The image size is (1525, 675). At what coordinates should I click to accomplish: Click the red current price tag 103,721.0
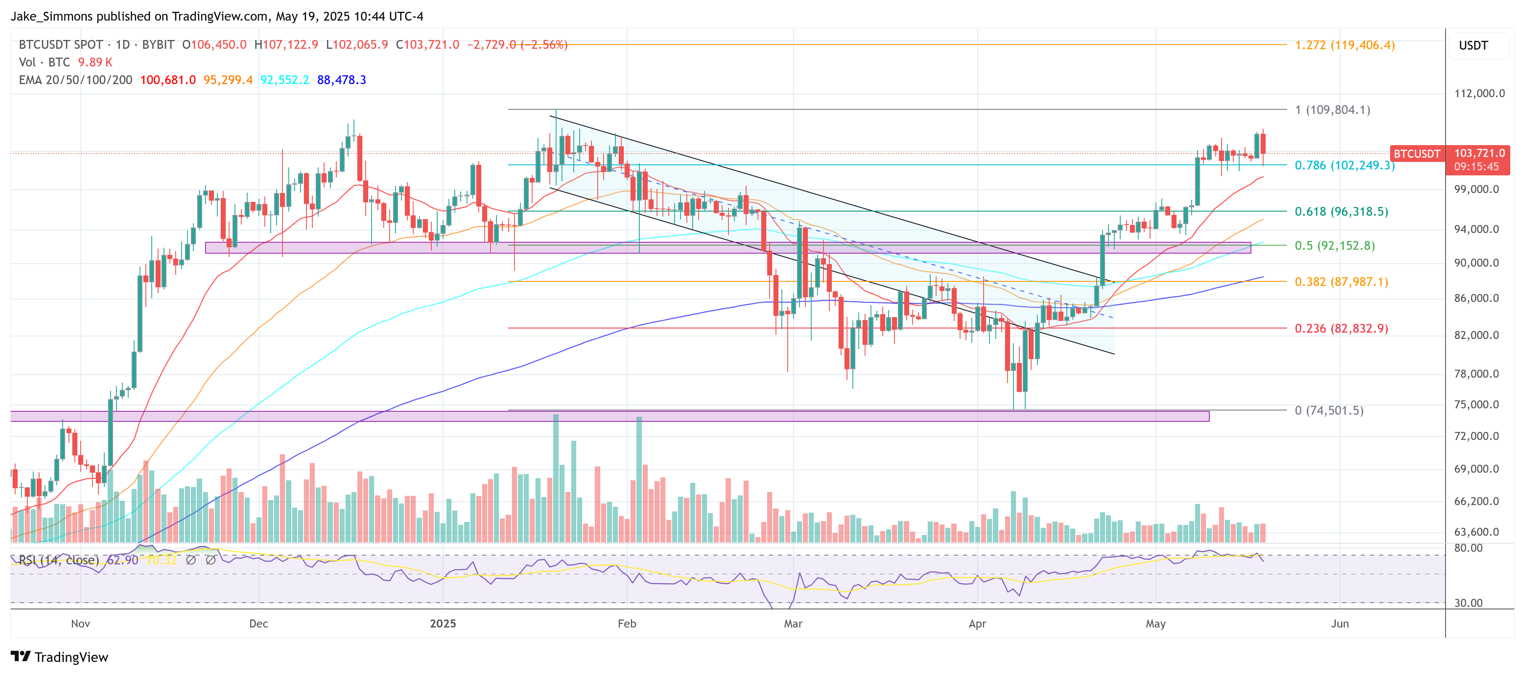(x=1479, y=154)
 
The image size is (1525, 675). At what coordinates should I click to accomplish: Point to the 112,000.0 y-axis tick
(x=1479, y=93)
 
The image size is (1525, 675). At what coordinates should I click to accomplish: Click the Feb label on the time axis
(x=626, y=624)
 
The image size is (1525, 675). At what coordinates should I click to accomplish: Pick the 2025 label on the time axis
(x=443, y=624)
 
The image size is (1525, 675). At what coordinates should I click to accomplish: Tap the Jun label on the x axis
(x=1339, y=624)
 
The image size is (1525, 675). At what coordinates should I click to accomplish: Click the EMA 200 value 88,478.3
(x=342, y=80)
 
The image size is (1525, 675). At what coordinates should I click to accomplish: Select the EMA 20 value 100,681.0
(x=168, y=80)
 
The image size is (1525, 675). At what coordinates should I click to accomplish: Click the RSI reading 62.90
(x=122, y=560)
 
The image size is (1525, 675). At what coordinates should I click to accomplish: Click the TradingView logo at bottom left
(x=59, y=657)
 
